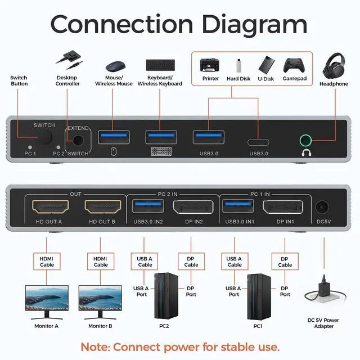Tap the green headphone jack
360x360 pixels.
click(307, 138)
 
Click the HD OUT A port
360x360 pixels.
click(48, 206)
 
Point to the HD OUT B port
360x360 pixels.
click(102, 206)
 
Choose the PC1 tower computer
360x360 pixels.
click(257, 296)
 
